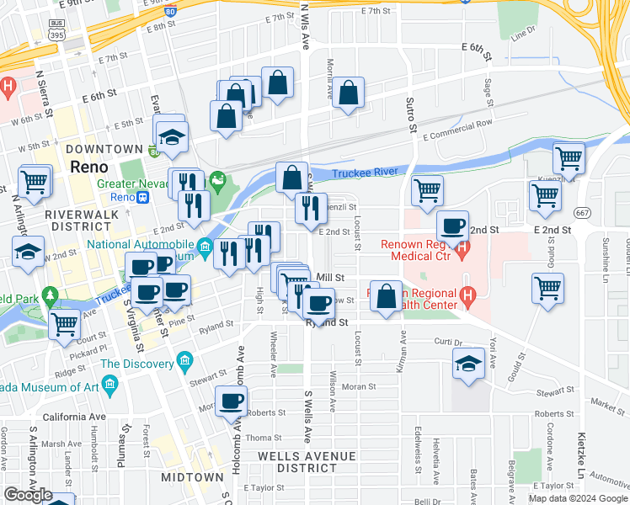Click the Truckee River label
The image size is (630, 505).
tap(365, 173)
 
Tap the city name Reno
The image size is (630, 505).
tap(89, 167)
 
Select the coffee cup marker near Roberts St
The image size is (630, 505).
tap(232, 401)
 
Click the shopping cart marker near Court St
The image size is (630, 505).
tap(64, 323)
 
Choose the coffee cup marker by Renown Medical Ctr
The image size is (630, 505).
tap(453, 226)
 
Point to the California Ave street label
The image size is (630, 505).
tap(74, 417)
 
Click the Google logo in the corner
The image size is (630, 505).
tap(28, 494)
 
